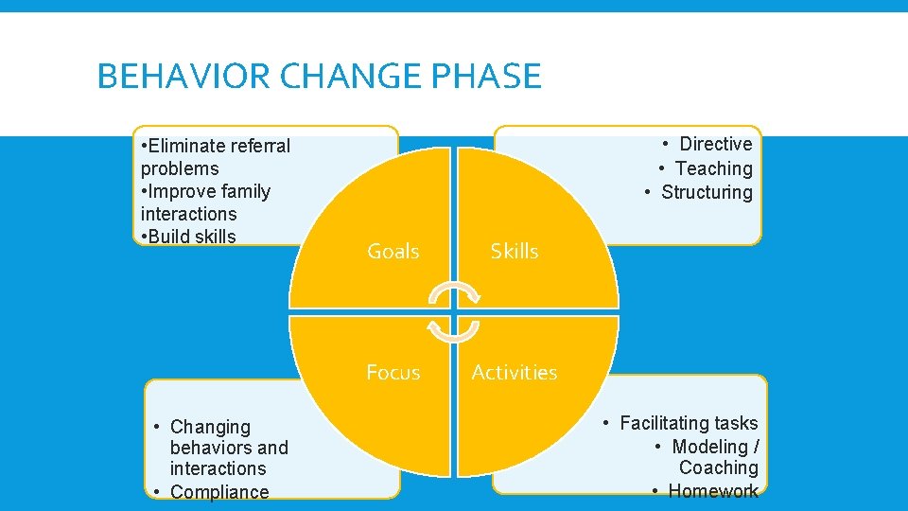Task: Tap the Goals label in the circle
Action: pyautogui.click(x=393, y=251)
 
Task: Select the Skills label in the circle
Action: pyautogui.click(x=515, y=251)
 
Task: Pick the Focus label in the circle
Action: pyautogui.click(x=393, y=372)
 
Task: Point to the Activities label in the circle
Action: pyautogui.click(x=515, y=372)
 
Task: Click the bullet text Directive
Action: pyautogui.click(x=715, y=144)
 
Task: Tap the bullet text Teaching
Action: pyautogui.click(x=713, y=168)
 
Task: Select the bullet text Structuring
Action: pyautogui.click(x=707, y=192)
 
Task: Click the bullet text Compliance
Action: pyautogui.click(x=219, y=491)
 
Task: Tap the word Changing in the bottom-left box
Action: pyautogui.click(x=210, y=427)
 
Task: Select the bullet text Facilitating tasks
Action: pyautogui.click(x=689, y=423)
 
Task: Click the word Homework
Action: pyautogui.click(x=713, y=490)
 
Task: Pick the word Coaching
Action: pyautogui.click(x=718, y=467)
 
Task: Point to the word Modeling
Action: pyautogui.click(x=709, y=446)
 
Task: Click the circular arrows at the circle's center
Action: pyautogui.click(x=454, y=311)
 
